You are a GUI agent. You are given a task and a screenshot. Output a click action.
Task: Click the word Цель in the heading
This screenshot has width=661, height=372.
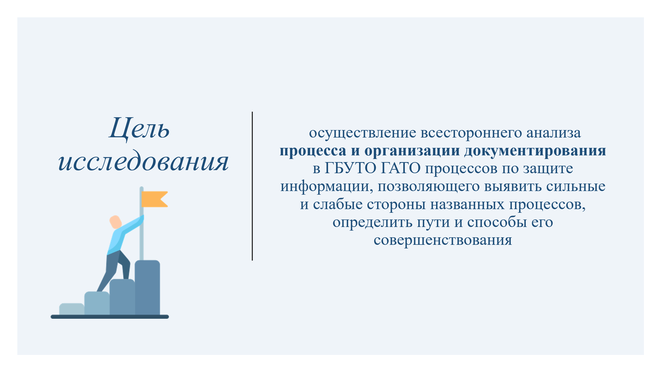click(x=139, y=128)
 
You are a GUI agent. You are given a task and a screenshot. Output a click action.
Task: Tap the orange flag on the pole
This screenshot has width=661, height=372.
click(x=155, y=199)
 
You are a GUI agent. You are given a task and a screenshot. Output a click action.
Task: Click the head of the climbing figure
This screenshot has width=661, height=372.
click(x=115, y=222)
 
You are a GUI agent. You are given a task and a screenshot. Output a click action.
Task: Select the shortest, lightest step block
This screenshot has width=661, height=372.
click(x=72, y=309)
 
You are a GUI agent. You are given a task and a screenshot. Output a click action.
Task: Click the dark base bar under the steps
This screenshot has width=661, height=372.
click(x=110, y=317)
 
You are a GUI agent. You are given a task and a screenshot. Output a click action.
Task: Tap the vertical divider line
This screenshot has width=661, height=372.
click(x=252, y=186)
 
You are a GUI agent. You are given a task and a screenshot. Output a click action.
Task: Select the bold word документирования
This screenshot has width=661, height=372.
click(x=535, y=151)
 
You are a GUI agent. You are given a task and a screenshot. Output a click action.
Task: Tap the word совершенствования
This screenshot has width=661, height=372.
click(x=443, y=240)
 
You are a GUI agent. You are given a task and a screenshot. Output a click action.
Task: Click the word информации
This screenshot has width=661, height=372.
click(x=327, y=187)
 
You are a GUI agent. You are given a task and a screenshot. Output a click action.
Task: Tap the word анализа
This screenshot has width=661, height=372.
click(x=554, y=133)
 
